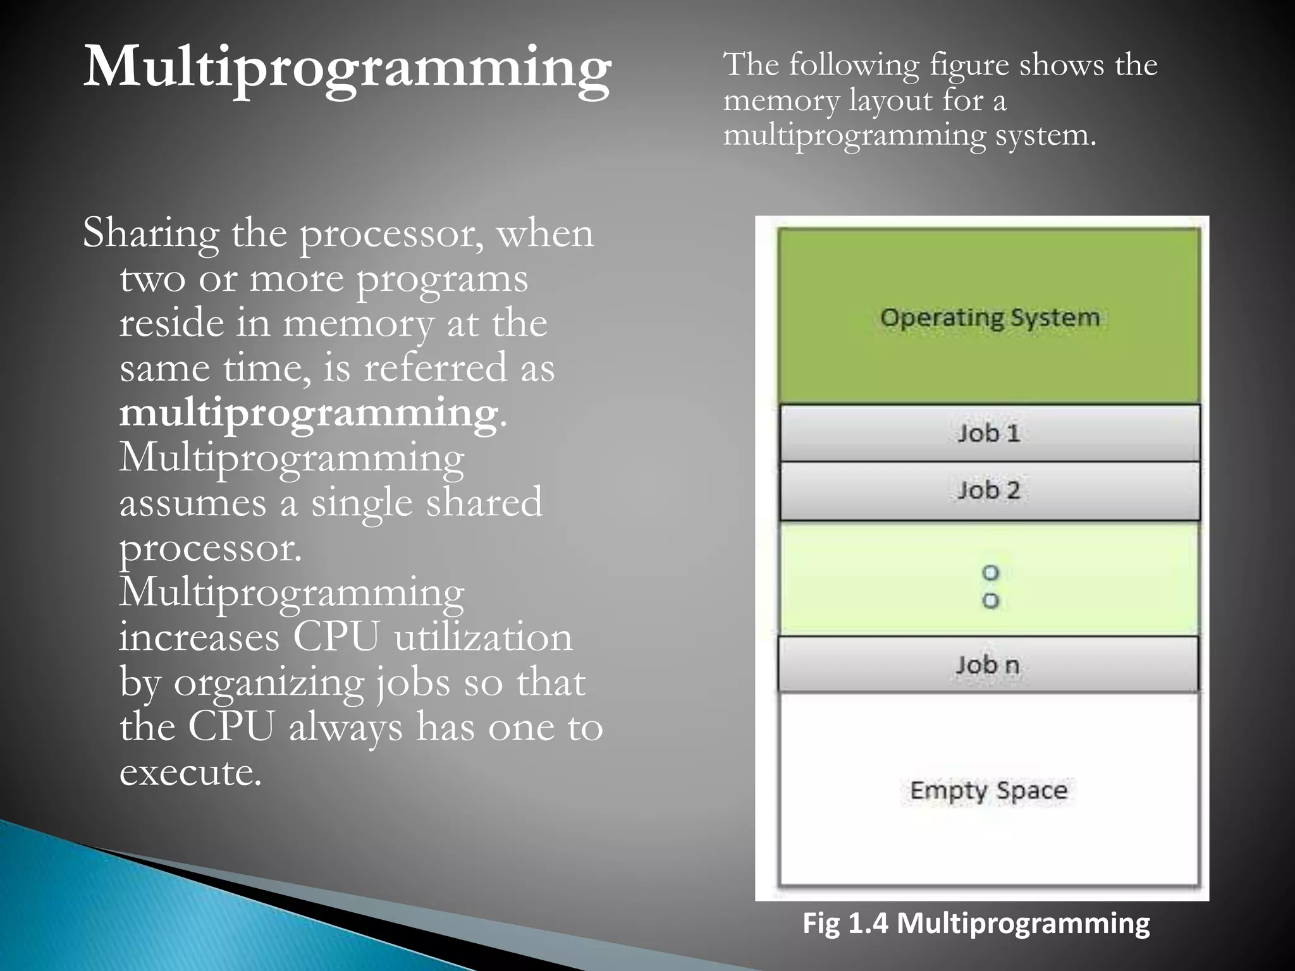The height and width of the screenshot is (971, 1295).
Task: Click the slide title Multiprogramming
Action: click(347, 68)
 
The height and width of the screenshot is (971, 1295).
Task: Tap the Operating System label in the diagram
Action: click(990, 317)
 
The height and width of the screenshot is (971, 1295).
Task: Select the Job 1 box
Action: click(990, 433)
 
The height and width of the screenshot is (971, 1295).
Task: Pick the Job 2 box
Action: click(990, 491)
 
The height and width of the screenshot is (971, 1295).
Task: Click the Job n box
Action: click(988, 665)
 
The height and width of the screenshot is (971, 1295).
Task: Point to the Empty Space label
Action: click(988, 791)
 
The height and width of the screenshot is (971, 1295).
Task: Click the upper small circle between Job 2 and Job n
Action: click(990, 573)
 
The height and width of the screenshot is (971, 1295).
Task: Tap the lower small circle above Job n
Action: click(990, 601)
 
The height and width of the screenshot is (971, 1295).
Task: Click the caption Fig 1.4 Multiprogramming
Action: click(976, 923)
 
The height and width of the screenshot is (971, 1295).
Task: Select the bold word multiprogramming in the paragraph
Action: click(309, 413)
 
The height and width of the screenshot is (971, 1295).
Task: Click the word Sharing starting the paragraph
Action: click(150, 234)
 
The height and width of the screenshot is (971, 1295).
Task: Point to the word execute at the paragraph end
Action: click(190, 772)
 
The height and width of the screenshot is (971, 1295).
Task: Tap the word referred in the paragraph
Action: click(435, 368)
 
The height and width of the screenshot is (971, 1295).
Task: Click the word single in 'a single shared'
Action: click(358, 503)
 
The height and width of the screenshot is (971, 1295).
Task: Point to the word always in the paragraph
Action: click(345, 728)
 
